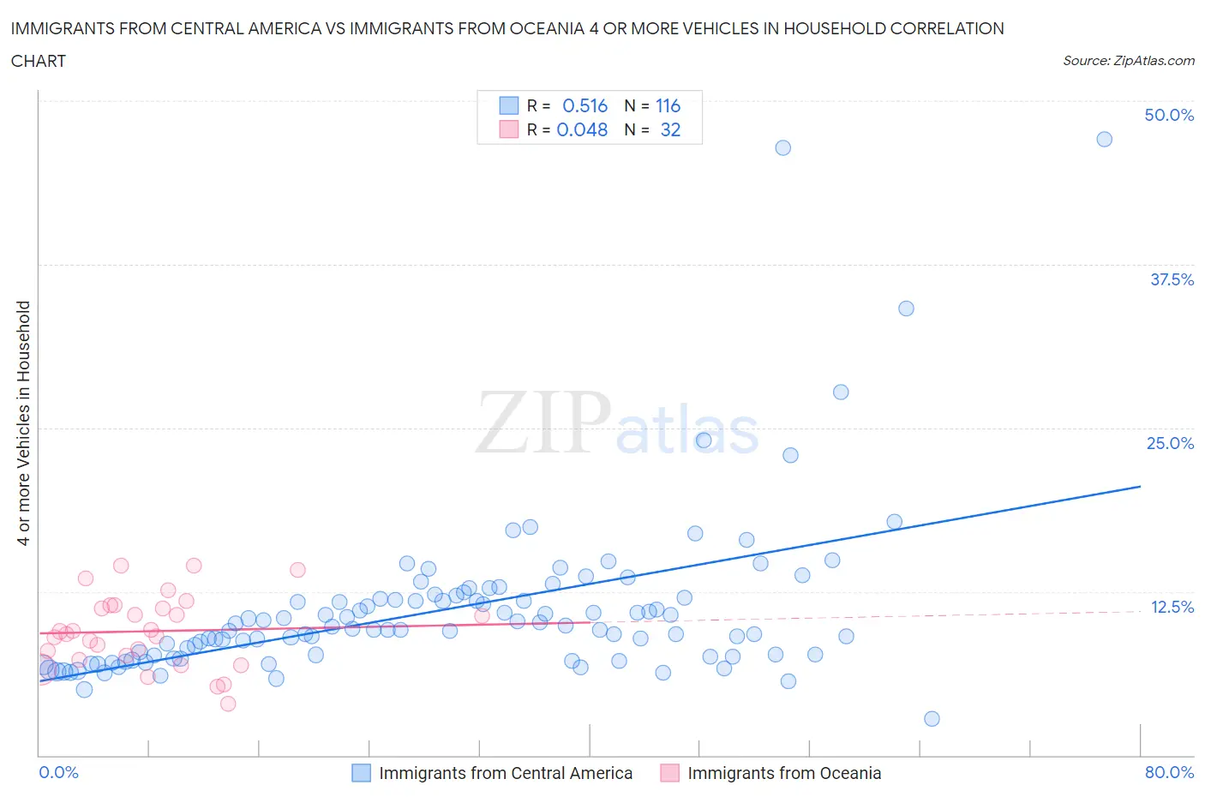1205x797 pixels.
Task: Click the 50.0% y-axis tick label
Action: [x=1169, y=115]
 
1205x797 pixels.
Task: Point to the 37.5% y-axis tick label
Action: [x=1172, y=279]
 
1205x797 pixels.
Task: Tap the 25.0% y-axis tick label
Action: [x=1170, y=443]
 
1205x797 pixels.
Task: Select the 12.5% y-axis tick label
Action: [x=1172, y=607]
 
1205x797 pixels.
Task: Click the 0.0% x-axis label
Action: [x=58, y=772]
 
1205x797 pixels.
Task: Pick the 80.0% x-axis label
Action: [x=1169, y=772]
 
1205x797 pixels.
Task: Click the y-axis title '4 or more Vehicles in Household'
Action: [x=24, y=422]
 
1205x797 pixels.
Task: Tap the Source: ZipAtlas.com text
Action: [x=1128, y=60]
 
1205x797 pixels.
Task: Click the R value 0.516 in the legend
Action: [x=585, y=105]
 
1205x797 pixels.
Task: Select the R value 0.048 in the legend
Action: [x=582, y=129]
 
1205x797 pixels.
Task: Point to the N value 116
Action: [x=668, y=105]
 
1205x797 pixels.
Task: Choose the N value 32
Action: [x=670, y=129]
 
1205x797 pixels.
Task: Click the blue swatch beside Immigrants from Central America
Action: [x=362, y=773]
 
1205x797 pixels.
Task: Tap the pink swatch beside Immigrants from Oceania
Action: [x=669, y=773]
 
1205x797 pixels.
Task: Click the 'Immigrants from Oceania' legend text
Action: [x=784, y=773]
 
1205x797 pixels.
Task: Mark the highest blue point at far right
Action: [x=1104, y=139]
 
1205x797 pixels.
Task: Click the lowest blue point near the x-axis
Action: [x=932, y=718]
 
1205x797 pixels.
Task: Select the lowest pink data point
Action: [x=228, y=704]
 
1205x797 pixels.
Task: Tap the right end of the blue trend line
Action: [x=1140, y=486]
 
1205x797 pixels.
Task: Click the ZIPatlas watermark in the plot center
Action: [x=617, y=422]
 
